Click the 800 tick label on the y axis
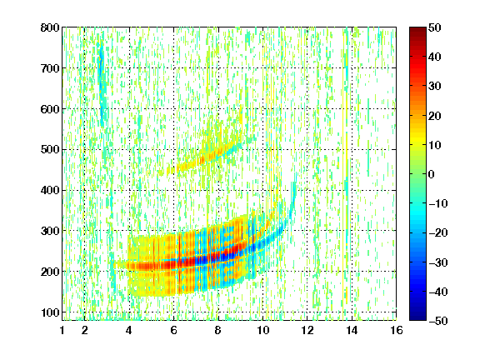(50, 27)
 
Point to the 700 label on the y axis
(50, 68)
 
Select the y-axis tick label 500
(50, 150)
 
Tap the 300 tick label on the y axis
(50, 231)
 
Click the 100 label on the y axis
(50, 312)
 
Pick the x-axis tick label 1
(62, 330)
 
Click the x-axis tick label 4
(129, 330)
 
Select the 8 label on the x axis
(218, 330)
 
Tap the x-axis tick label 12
(307, 330)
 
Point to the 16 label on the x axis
(396, 330)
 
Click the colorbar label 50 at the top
(434, 27)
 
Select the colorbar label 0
(432, 174)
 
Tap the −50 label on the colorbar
(437, 321)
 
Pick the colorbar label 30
(434, 86)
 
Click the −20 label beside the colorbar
(437, 232)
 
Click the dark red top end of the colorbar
(417, 29)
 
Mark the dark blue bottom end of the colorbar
(417, 318)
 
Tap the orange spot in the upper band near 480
(202, 159)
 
